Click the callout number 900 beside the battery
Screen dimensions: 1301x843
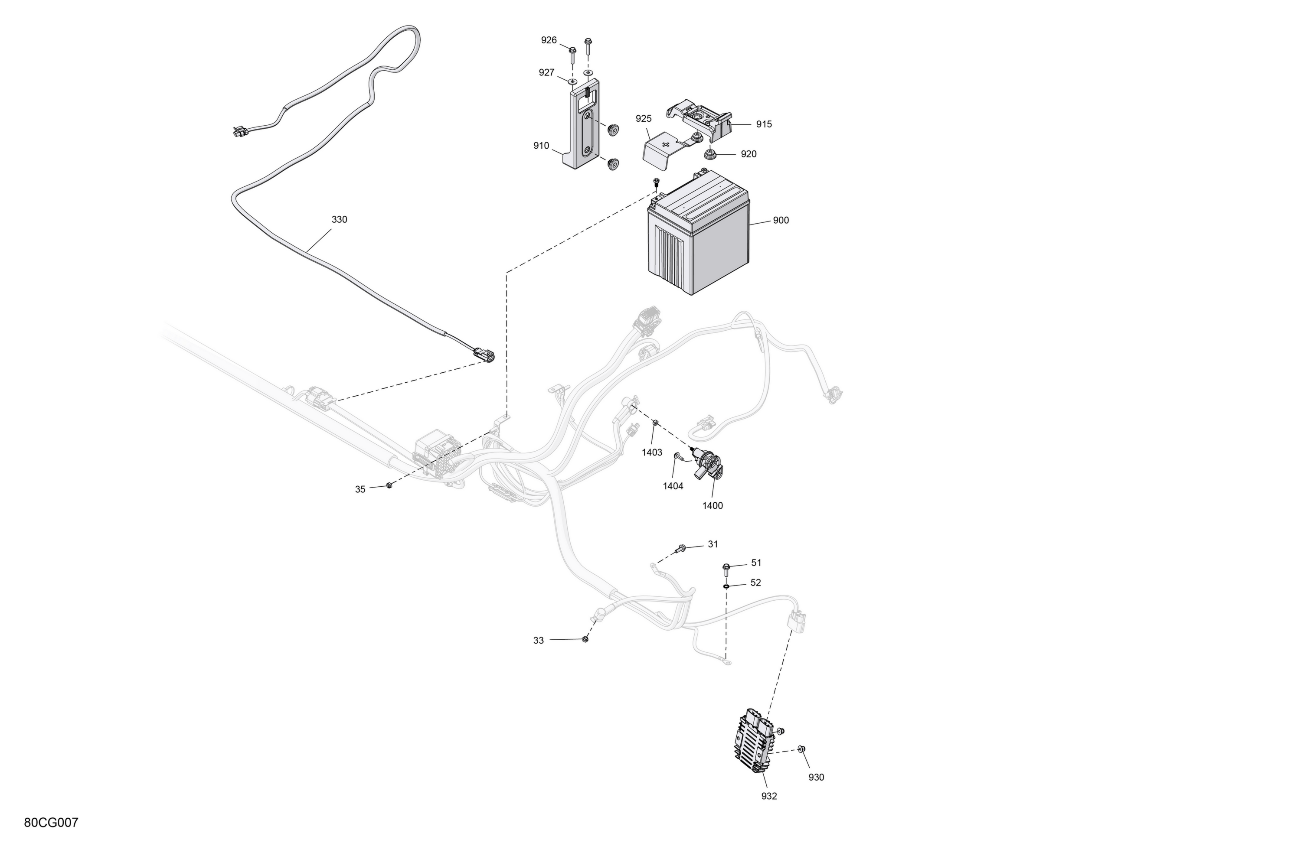(x=781, y=220)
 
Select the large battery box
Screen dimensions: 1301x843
(x=698, y=233)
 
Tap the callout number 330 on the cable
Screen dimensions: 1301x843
(x=339, y=220)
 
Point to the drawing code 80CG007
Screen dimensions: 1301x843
(x=51, y=822)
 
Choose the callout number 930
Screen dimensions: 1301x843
(x=816, y=777)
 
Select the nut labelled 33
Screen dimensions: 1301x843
(x=585, y=639)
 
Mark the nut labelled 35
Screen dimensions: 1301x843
(x=389, y=485)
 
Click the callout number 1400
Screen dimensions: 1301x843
(x=712, y=506)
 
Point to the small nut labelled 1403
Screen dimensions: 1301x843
(x=655, y=422)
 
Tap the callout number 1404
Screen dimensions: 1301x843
(x=673, y=486)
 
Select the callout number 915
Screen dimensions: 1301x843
(x=764, y=124)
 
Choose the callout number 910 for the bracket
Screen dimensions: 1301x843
(x=541, y=146)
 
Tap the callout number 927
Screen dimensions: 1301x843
(x=547, y=73)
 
